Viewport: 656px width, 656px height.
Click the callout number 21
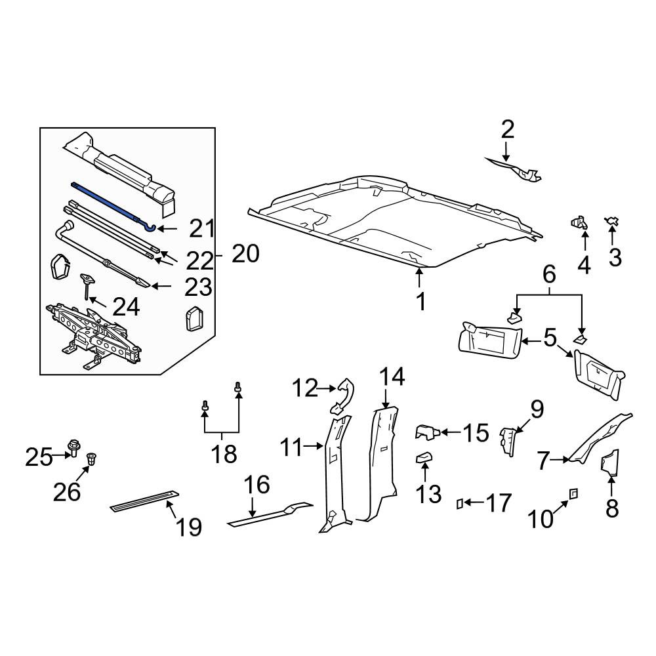(x=202, y=228)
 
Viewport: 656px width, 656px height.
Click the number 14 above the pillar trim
(x=392, y=377)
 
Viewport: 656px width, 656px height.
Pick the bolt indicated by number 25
(x=74, y=448)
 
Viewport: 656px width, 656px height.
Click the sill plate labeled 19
(x=146, y=501)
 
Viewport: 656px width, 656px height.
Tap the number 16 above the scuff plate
(x=257, y=485)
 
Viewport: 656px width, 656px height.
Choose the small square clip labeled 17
(x=459, y=504)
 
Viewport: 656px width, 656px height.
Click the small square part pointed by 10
(x=573, y=494)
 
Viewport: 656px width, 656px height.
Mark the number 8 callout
(x=612, y=509)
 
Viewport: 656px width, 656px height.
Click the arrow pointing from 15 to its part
(x=450, y=432)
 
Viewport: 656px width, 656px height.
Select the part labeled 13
(x=424, y=457)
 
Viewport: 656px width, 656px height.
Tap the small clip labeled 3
(x=611, y=221)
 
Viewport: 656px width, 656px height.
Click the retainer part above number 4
(x=579, y=222)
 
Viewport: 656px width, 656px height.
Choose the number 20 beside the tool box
(x=245, y=254)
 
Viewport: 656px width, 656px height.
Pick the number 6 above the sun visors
(x=549, y=274)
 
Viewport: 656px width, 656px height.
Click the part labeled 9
(x=508, y=441)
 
